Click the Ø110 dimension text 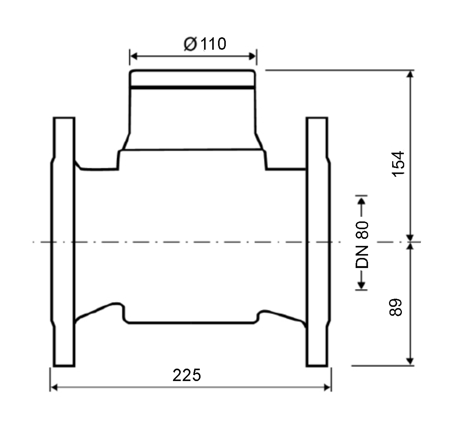coord(205,44)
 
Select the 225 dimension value coord(187,375)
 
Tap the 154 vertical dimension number coord(398,164)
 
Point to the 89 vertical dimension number coord(396,307)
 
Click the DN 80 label coord(362,245)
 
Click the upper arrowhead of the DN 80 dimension coord(362,202)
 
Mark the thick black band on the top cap coord(193,88)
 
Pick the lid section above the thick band coord(193,78)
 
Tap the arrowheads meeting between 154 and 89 coord(410,242)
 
